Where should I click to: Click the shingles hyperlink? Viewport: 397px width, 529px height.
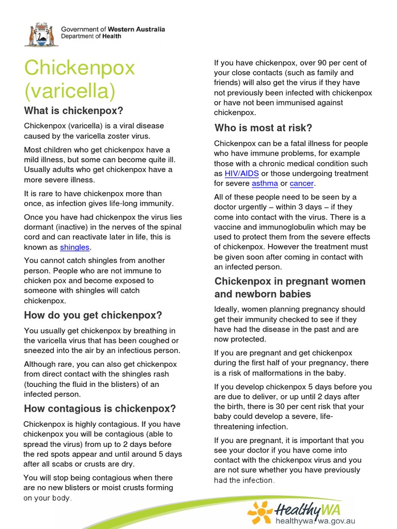click(x=74, y=247)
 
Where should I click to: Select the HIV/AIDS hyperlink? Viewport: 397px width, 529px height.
click(x=241, y=174)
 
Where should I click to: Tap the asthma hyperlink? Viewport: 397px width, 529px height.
click(x=265, y=183)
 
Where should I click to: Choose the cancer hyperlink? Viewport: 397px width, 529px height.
click(x=302, y=183)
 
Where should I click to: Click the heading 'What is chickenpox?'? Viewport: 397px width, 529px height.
click(x=73, y=111)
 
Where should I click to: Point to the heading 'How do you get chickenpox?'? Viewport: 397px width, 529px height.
click(x=93, y=315)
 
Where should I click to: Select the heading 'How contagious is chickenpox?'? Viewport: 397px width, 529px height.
click(x=100, y=409)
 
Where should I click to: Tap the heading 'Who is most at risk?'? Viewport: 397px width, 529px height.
click(x=263, y=128)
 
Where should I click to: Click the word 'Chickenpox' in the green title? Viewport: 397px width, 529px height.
click(x=79, y=68)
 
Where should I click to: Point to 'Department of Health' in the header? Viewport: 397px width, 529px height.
click(x=91, y=36)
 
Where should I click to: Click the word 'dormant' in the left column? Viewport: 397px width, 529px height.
click(x=39, y=227)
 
